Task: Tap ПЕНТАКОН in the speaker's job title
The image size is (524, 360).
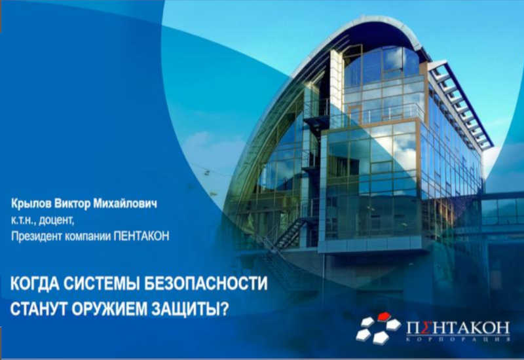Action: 141,236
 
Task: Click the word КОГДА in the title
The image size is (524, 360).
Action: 35,284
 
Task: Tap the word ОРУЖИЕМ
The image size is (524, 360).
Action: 109,309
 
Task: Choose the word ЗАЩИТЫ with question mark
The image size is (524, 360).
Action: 190,309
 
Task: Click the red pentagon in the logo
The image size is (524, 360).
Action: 384,316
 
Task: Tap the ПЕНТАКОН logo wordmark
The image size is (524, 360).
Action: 458,329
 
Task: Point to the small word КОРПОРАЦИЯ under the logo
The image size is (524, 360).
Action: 458,339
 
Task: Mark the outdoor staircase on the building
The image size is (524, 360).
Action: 290,234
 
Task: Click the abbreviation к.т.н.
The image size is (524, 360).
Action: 24,221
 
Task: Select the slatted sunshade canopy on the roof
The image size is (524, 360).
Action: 460,104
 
